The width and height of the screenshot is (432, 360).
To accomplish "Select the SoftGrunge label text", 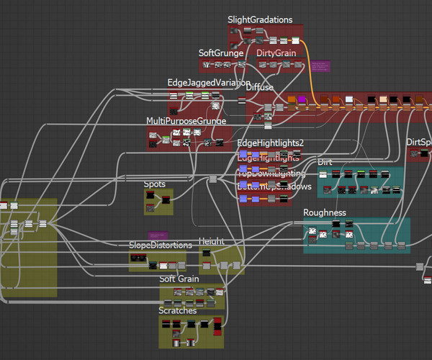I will click(x=221, y=53).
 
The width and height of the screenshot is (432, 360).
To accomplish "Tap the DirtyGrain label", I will click(x=276, y=53).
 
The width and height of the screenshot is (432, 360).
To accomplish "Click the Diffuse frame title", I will click(x=260, y=88).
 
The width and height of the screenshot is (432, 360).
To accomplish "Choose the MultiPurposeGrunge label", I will click(x=186, y=121).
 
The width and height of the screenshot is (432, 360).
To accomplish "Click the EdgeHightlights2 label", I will click(x=271, y=143).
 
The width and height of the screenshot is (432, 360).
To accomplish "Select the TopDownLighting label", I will click(x=271, y=174).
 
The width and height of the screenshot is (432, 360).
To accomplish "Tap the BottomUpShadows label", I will click(x=274, y=186).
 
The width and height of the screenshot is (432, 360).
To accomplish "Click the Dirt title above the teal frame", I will click(x=325, y=162).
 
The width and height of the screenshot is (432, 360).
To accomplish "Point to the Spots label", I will click(x=155, y=184).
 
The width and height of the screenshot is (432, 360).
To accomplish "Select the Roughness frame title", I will click(x=325, y=213).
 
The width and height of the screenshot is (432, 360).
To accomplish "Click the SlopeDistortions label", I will click(x=160, y=246).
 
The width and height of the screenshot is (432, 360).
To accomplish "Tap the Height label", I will click(x=212, y=241).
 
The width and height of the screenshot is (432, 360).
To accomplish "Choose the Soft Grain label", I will click(x=179, y=279).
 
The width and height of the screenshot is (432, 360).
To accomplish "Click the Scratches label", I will click(x=177, y=310).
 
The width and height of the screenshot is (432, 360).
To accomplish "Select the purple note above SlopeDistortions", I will click(x=158, y=235).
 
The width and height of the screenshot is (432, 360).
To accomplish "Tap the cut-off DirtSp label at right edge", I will click(x=418, y=143).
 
